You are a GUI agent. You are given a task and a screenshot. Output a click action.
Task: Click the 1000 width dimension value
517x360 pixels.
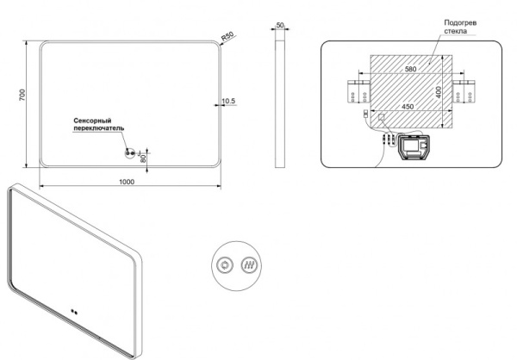pyautogui.click(x=127, y=182)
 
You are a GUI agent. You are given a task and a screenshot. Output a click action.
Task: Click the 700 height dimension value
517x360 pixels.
pyautogui.click(x=22, y=95)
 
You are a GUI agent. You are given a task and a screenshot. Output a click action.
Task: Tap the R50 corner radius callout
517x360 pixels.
pyautogui.click(x=227, y=36)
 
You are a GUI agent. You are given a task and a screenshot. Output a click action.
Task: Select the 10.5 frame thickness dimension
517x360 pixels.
pyautogui.click(x=228, y=101)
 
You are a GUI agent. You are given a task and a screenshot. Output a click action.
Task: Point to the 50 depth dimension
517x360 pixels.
pyautogui.click(x=280, y=25)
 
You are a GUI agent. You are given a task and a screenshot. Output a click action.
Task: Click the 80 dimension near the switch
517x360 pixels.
pyautogui.click(x=143, y=158)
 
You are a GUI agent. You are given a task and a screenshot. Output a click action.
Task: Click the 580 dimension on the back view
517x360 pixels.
pyautogui.click(x=410, y=69)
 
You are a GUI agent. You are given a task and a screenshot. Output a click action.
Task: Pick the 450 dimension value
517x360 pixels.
pyautogui.click(x=408, y=107)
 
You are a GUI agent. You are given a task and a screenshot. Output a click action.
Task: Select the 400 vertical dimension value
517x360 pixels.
pyautogui.click(x=439, y=92)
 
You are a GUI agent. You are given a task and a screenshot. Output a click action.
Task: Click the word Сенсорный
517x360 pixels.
pyautogui.click(x=92, y=121)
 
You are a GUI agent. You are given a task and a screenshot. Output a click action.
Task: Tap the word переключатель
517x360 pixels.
pyautogui.click(x=99, y=128)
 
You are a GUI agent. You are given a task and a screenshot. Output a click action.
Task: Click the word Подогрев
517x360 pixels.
pyautogui.click(x=460, y=23)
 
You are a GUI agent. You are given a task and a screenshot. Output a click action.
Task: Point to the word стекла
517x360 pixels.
pyautogui.click(x=455, y=31)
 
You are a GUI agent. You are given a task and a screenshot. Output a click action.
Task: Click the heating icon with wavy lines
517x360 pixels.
pyautogui.click(x=249, y=265)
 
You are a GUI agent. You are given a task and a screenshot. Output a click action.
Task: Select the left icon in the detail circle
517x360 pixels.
pyautogui.click(x=225, y=265)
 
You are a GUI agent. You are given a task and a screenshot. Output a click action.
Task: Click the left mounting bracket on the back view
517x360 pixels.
pyautogui.click(x=358, y=91)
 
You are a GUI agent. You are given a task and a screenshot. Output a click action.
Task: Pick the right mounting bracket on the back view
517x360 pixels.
pyautogui.click(x=464, y=91)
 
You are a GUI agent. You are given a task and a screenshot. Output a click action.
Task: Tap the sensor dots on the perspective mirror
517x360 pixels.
pyautogui.click(x=74, y=312)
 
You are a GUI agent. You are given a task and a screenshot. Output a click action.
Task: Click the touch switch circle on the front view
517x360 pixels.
pyautogui.click(x=130, y=153)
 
